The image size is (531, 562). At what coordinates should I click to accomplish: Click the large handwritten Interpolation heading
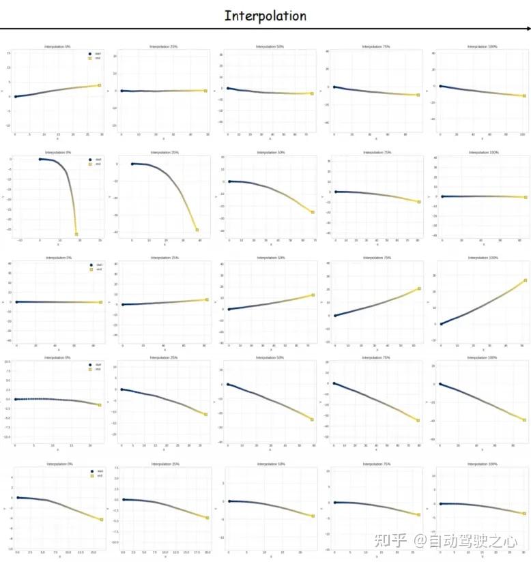coord(265,15)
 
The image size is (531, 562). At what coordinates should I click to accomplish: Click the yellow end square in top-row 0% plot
coord(99,85)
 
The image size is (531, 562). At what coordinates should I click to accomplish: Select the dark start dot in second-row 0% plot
coord(40,159)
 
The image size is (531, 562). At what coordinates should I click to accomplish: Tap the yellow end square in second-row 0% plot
coord(76,234)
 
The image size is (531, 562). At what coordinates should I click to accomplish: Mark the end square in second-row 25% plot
coord(197,230)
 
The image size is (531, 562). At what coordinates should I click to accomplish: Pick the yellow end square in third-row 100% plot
coord(525,280)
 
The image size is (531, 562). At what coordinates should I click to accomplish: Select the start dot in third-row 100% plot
coord(441,324)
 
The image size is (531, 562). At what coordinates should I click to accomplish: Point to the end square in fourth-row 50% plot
coord(312,419)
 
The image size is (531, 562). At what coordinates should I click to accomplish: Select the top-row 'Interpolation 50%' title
coord(270,46)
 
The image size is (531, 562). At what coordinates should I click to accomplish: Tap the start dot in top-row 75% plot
coord(334,87)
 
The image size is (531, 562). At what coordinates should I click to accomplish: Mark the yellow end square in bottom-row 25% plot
coord(207,518)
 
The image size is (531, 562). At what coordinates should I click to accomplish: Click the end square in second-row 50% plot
coord(313,212)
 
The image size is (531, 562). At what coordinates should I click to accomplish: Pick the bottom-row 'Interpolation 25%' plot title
coord(164,464)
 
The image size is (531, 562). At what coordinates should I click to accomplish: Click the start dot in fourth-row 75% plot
coord(334,383)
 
